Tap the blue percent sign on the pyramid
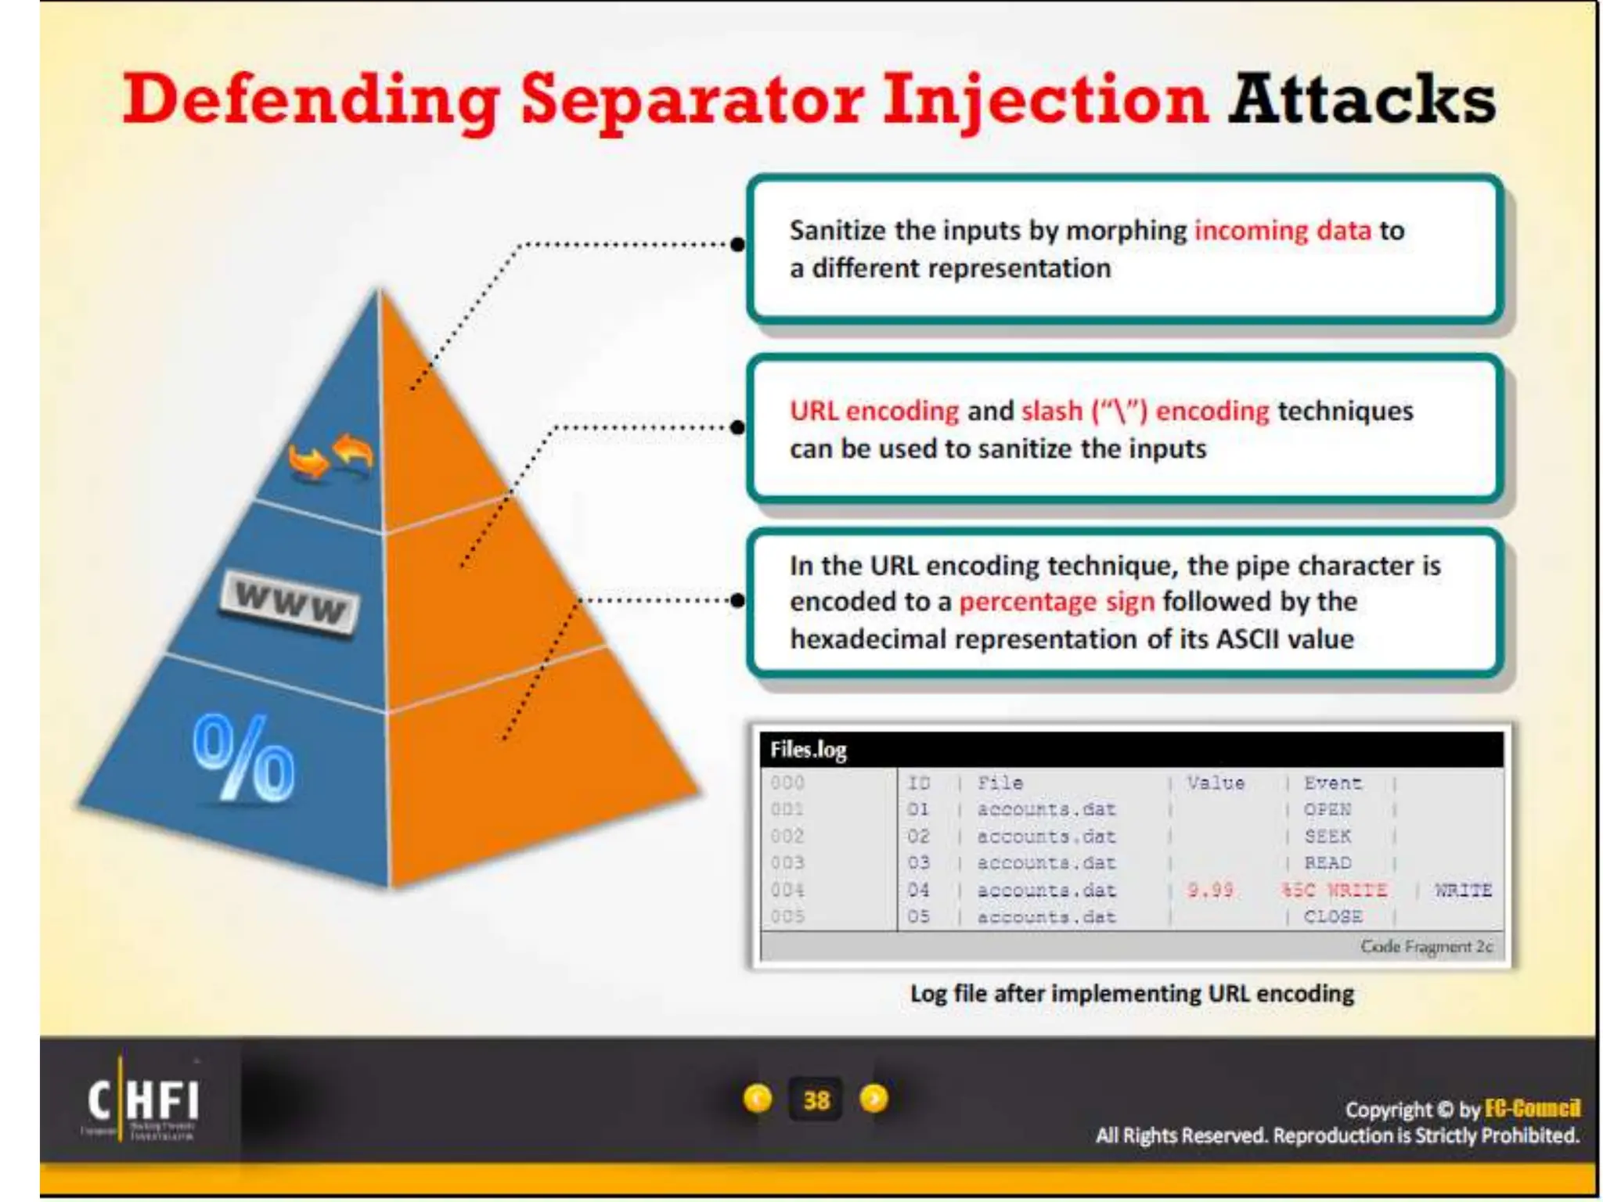point(243,759)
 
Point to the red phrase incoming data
point(1282,231)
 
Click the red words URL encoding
point(874,411)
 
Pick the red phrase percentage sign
point(1056,602)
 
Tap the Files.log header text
point(808,750)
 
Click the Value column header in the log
point(1215,783)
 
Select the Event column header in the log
point(1332,783)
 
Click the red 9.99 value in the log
point(1209,890)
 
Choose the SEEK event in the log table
point(1327,837)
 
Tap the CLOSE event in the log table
point(1332,916)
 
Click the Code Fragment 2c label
point(1425,947)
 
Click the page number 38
point(816,1100)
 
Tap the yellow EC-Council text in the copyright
point(1532,1109)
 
